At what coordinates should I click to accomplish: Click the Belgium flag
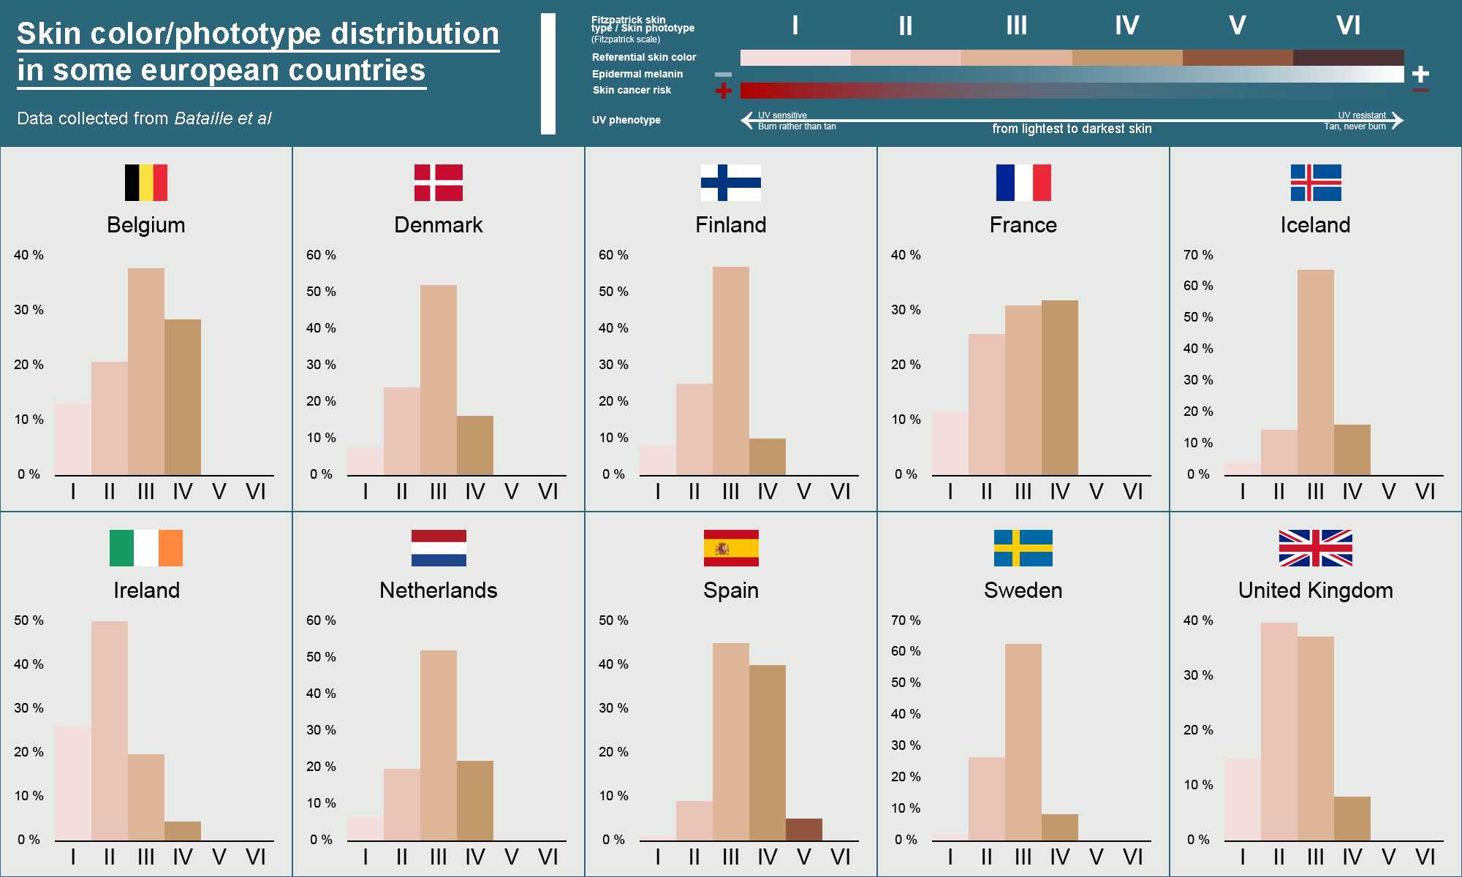146,183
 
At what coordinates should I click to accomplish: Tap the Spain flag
731,548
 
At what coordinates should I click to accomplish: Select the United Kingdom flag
1316,548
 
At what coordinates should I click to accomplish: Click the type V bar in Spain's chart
804,829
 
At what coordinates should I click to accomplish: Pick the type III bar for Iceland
1316,373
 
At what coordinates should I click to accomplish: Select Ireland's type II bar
110,731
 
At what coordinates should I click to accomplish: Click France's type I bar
950,444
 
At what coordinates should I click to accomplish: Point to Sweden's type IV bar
1060,827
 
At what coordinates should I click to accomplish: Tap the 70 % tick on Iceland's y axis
1198,255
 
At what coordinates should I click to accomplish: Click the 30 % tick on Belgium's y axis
29,310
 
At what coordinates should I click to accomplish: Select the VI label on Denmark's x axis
548,492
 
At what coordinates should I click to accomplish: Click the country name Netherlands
439,591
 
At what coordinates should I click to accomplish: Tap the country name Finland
731,225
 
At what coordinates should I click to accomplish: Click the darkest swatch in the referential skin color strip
1348,58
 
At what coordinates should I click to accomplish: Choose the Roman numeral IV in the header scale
1126,26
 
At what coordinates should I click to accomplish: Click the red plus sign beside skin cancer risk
723,91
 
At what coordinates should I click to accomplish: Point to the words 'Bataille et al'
223,118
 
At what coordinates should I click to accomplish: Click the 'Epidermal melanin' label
637,74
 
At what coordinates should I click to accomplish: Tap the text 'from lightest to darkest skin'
1072,129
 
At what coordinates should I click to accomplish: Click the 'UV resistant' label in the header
1362,115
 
